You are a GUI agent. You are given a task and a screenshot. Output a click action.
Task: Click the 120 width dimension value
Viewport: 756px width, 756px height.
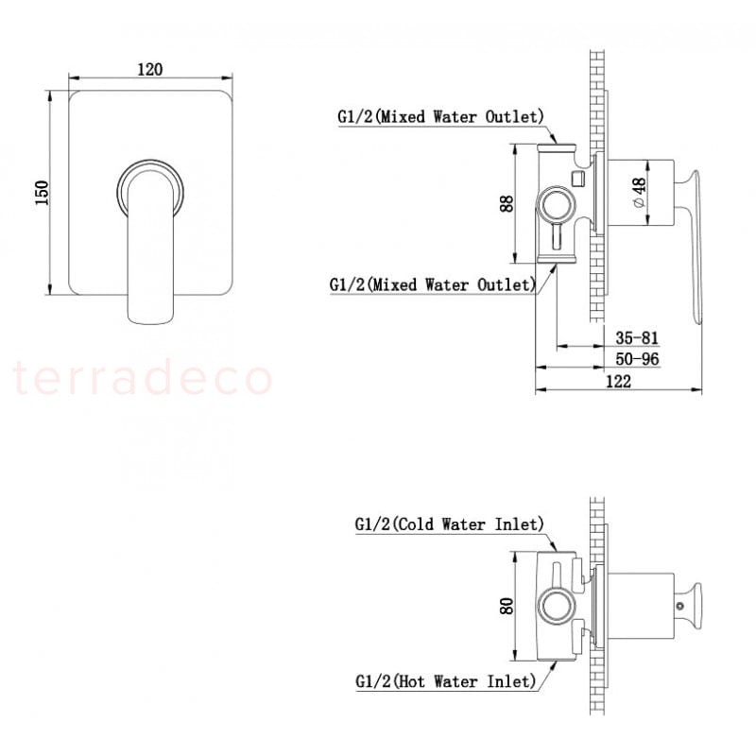[x=150, y=69]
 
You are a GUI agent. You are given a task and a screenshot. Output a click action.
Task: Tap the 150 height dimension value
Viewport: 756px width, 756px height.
[x=43, y=193]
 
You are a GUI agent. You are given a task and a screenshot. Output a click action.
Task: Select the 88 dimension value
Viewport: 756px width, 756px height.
[x=507, y=203]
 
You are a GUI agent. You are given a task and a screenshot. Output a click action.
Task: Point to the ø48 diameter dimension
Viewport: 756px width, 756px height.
[x=639, y=193]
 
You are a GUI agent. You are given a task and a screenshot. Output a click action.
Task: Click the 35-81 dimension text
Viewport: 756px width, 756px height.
[x=636, y=337]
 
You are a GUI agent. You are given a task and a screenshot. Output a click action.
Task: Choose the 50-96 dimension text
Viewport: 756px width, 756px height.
[x=637, y=359]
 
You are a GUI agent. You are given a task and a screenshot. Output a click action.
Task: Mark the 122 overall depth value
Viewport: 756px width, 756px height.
[x=618, y=382]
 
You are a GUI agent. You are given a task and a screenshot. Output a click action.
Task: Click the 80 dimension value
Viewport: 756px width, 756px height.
[x=507, y=606]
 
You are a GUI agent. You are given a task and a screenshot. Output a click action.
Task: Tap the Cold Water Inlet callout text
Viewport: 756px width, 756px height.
[x=450, y=524]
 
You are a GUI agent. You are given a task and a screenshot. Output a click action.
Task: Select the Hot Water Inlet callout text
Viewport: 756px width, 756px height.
[x=445, y=681]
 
